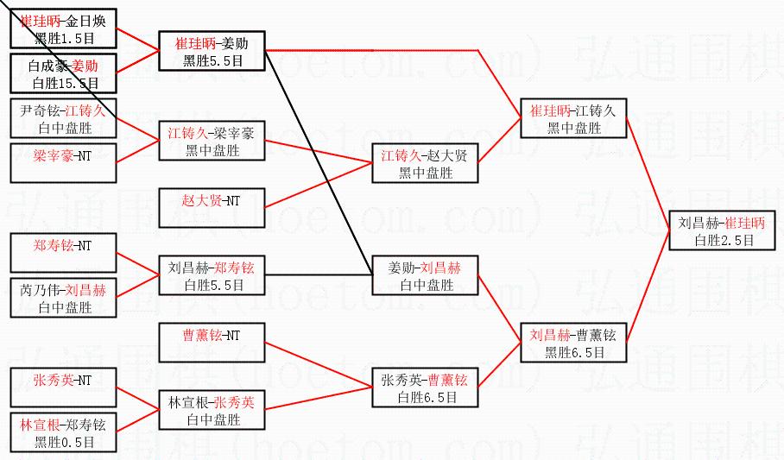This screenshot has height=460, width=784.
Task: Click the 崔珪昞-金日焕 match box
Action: (x=64, y=28)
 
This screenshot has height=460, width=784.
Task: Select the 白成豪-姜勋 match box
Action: (x=64, y=73)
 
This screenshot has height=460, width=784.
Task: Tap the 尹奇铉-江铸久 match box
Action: (x=64, y=119)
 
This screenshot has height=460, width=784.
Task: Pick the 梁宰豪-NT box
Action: (x=64, y=162)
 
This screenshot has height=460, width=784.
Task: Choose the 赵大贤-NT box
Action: (x=211, y=208)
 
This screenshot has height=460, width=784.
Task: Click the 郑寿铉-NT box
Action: (x=64, y=253)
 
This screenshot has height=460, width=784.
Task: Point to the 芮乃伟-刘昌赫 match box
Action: (x=64, y=298)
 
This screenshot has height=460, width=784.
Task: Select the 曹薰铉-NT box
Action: (x=211, y=343)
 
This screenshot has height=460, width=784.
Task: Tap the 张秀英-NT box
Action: (x=64, y=388)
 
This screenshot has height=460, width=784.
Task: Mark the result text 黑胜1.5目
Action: (x=64, y=38)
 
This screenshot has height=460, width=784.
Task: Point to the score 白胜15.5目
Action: (x=64, y=83)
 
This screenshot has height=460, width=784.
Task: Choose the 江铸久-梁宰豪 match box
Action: (x=211, y=141)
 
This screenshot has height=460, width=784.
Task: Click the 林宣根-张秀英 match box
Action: (x=211, y=410)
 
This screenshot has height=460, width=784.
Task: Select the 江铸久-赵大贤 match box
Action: (x=424, y=163)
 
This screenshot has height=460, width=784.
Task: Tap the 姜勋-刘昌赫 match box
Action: (x=424, y=275)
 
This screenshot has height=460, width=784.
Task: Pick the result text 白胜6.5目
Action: (x=424, y=397)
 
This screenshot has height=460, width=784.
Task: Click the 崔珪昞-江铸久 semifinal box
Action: (x=573, y=118)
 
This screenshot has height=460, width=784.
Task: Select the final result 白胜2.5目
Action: (x=722, y=241)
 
